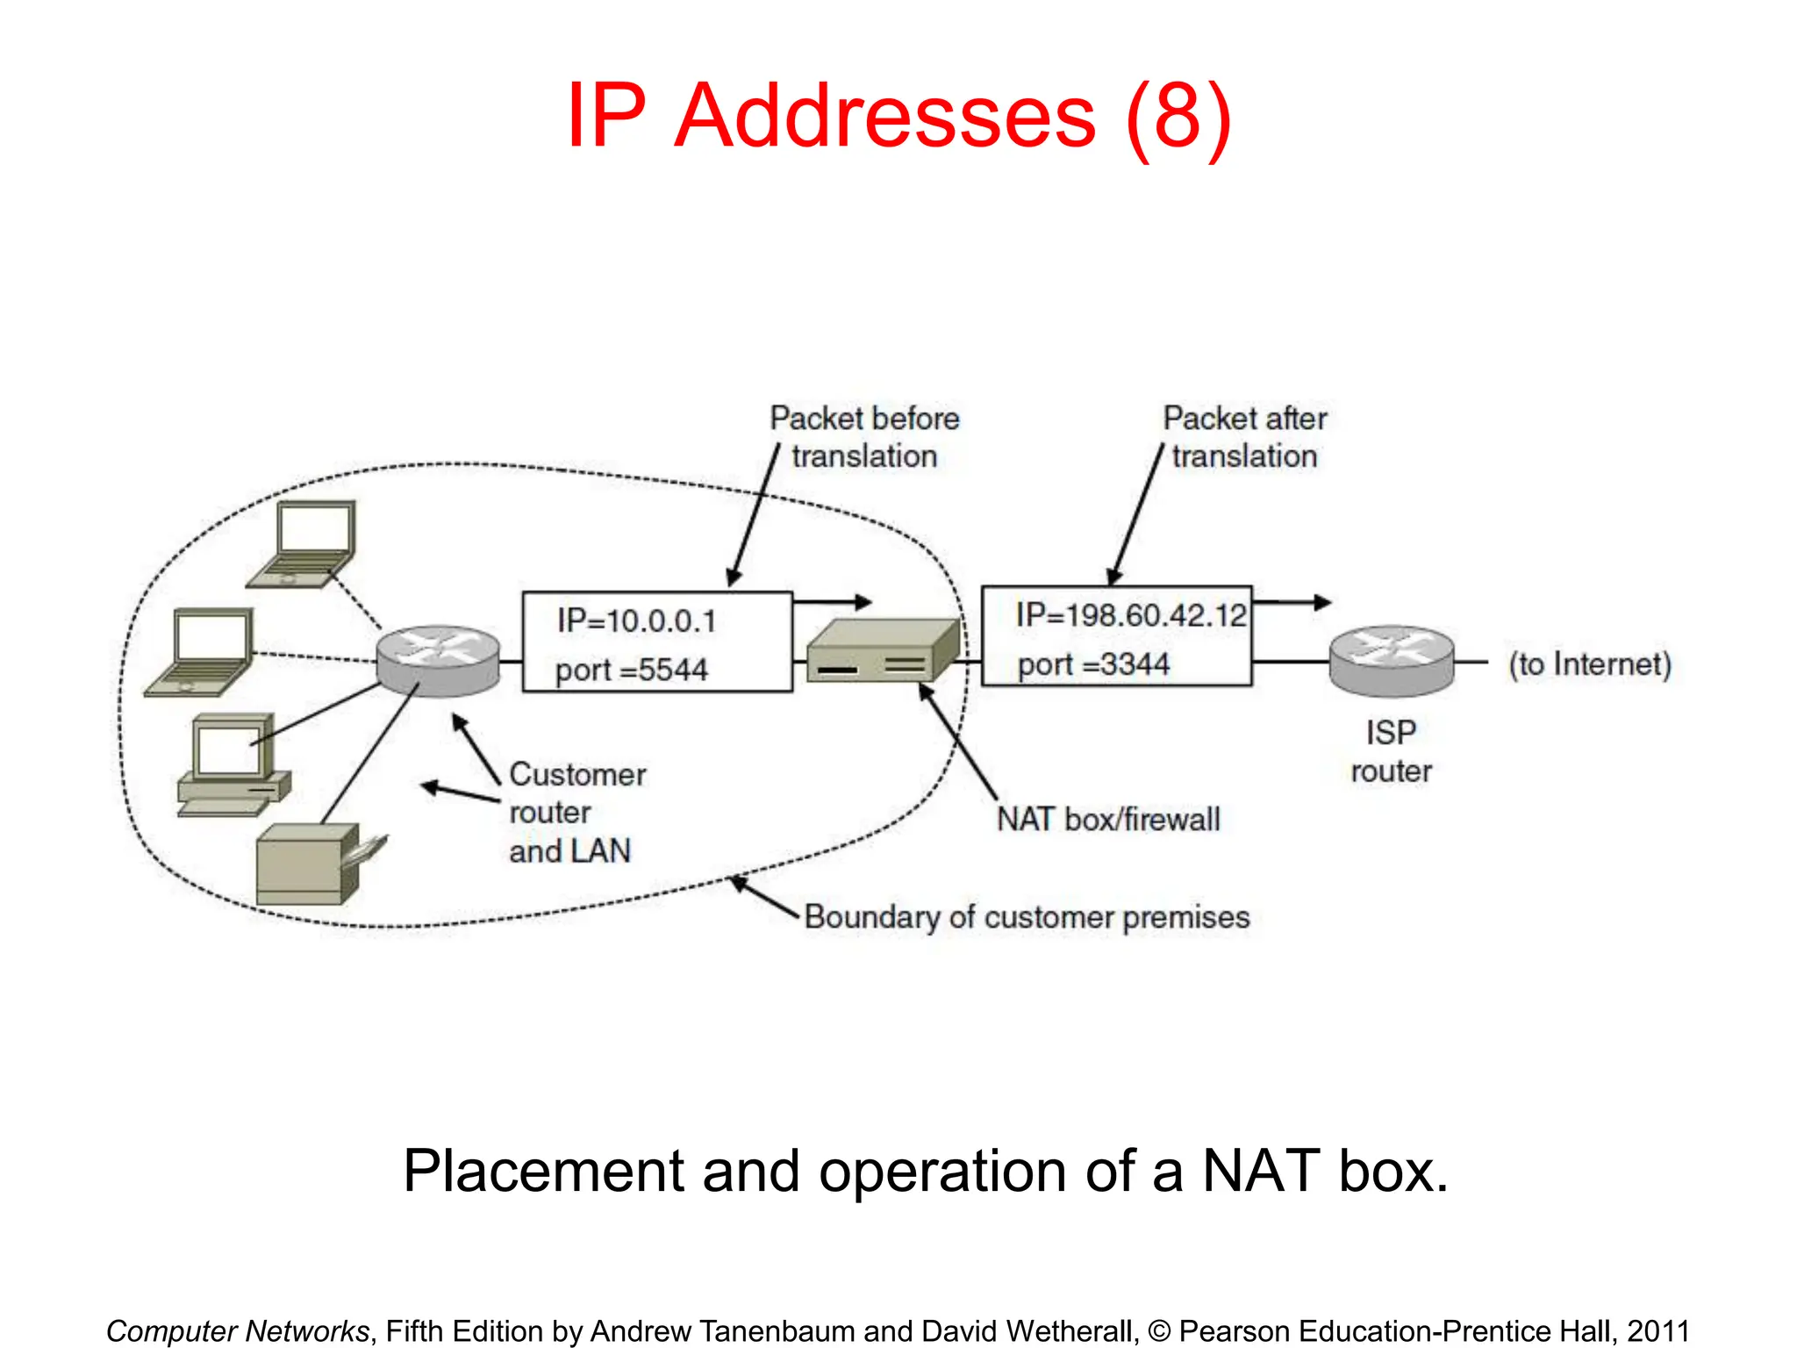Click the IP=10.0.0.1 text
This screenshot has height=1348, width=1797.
(637, 621)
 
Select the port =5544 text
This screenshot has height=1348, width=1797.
(632, 670)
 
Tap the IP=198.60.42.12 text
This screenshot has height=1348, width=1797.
(1131, 615)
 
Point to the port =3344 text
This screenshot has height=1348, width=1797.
(1093, 664)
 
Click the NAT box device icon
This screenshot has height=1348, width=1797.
(881, 652)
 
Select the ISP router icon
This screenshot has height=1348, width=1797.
(1392, 661)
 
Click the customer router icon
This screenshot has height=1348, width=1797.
(438, 661)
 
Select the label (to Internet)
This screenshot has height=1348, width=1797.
(1589, 664)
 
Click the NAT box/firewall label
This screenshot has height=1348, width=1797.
(1108, 820)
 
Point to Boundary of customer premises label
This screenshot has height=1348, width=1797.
(1027, 917)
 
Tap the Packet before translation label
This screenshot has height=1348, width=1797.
(864, 437)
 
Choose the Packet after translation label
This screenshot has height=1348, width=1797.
(1244, 437)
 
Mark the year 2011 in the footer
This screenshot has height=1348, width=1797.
(1657, 1331)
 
